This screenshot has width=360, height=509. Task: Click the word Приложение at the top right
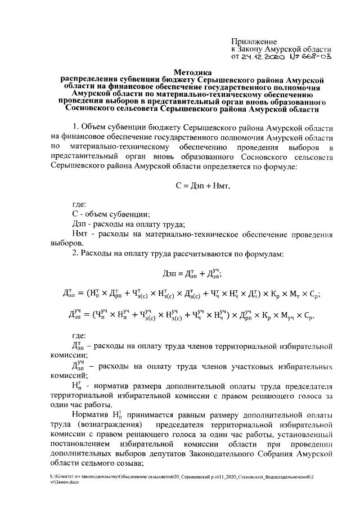tap(254, 42)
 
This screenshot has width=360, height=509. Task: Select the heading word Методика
tap(192, 73)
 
